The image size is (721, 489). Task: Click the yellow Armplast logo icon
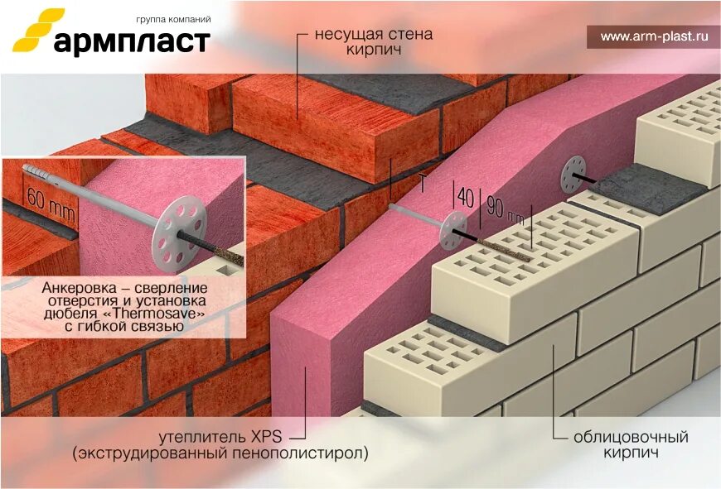(34, 35)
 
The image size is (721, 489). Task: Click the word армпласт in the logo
(132, 41)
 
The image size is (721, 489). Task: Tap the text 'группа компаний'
(172, 18)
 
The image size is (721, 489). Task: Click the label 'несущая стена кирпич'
(374, 43)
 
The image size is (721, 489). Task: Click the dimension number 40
(466, 199)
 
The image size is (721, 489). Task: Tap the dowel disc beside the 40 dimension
(453, 230)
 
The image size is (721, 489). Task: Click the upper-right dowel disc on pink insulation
(573, 175)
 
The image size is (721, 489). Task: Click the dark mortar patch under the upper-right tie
(636, 189)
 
